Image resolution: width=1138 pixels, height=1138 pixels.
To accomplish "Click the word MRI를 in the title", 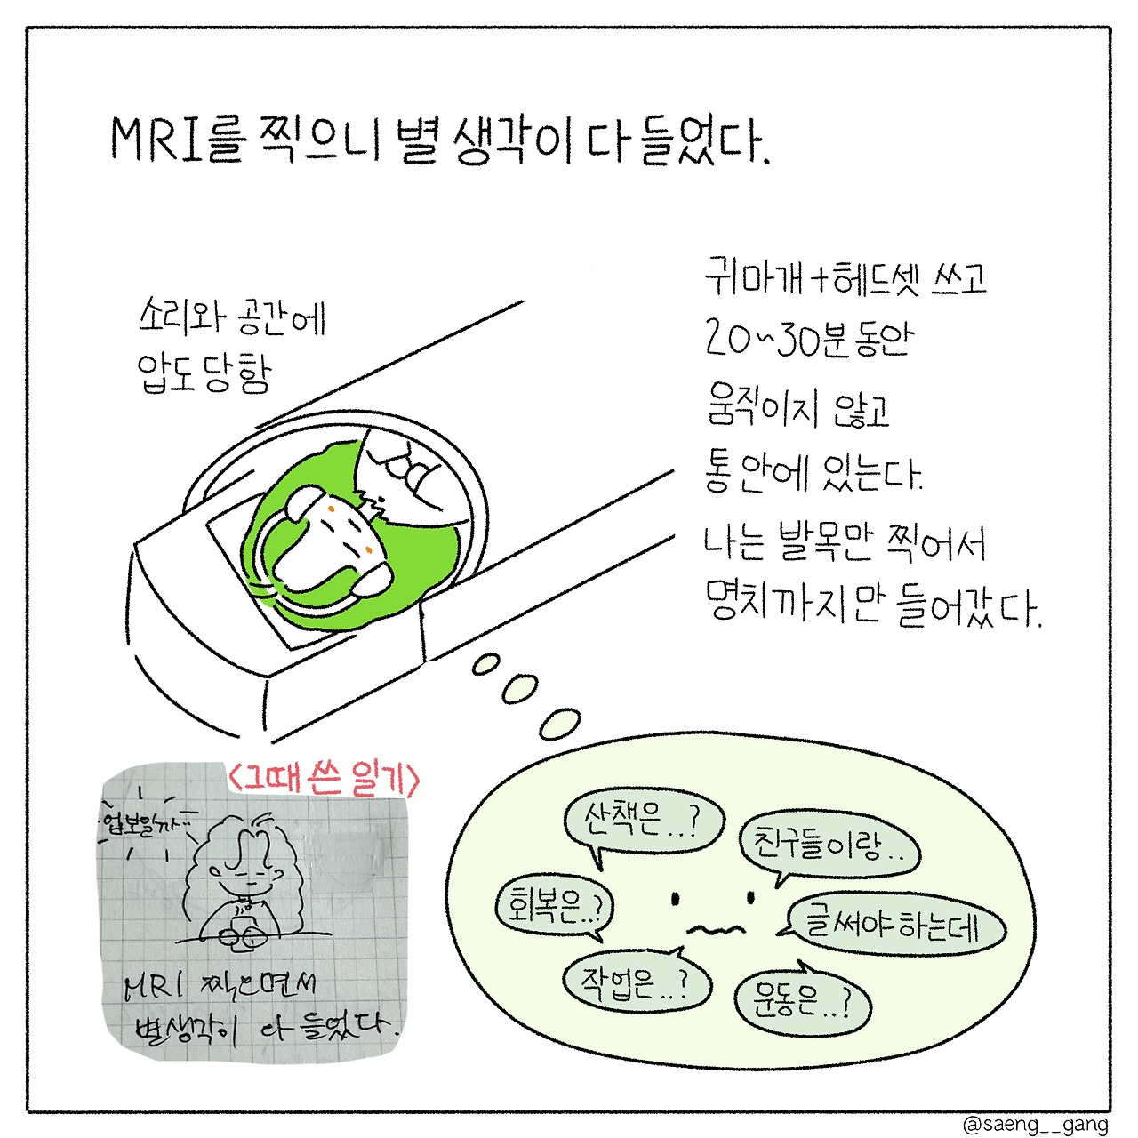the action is pyautogui.click(x=178, y=140).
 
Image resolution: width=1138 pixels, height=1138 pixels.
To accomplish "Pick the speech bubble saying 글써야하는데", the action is pyautogui.click(x=893, y=925).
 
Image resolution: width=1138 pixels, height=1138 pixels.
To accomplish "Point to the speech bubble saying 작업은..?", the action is pyautogui.click(x=637, y=983).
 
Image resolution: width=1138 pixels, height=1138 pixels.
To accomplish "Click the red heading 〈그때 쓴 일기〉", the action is pyautogui.click(x=324, y=779).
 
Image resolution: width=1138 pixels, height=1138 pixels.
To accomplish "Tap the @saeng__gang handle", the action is pyautogui.click(x=1035, y=1125).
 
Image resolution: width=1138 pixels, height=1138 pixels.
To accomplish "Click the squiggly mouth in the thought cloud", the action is pyautogui.click(x=715, y=929).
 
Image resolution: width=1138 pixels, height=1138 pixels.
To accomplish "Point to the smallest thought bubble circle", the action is pyautogui.click(x=486, y=664).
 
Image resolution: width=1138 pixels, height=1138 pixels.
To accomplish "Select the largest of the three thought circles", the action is pyautogui.click(x=560, y=724).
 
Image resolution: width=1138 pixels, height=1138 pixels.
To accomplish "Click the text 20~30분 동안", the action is pyautogui.click(x=809, y=340).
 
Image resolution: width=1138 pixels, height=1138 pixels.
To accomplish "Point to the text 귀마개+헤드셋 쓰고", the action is pyautogui.click(x=845, y=277).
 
